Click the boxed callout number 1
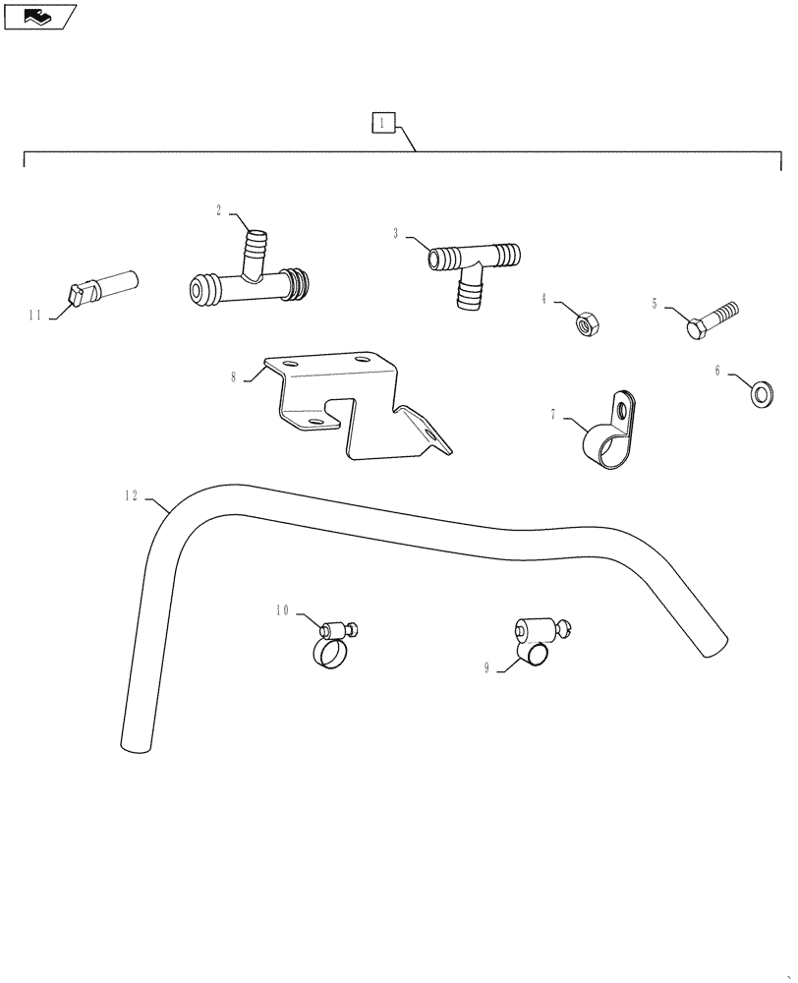[382, 123]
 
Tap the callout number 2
[219, 209]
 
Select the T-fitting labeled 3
[473, 265]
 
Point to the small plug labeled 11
[103, 288]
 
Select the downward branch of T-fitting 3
[471, 292]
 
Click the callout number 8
[234, 376]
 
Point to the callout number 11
[35, 316]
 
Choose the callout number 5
[655, 305]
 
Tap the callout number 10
[282, 610]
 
